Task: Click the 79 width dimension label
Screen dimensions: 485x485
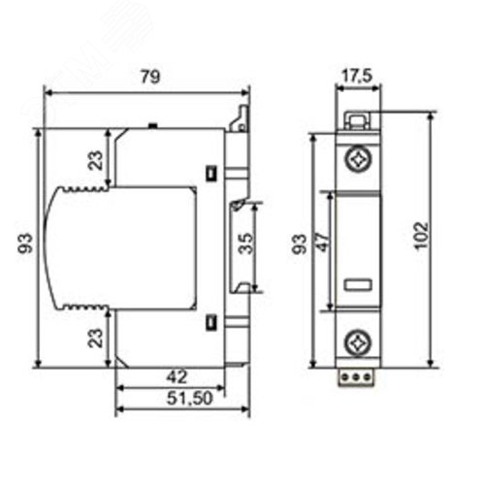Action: pos(150,77)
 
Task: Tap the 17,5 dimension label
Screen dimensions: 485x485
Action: pos(357,77)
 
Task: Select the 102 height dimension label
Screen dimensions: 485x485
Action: pos(422,235)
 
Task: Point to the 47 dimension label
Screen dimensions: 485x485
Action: pos(324,242)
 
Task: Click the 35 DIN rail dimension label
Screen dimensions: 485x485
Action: pos(246,243)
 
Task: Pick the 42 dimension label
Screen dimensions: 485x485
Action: pos(177,377)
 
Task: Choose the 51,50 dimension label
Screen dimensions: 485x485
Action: pos(190,399)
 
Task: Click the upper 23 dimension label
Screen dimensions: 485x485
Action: pos(95,160)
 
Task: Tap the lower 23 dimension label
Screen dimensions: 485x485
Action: pos(95,338)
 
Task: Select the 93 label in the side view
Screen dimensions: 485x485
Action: pos(25,243)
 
